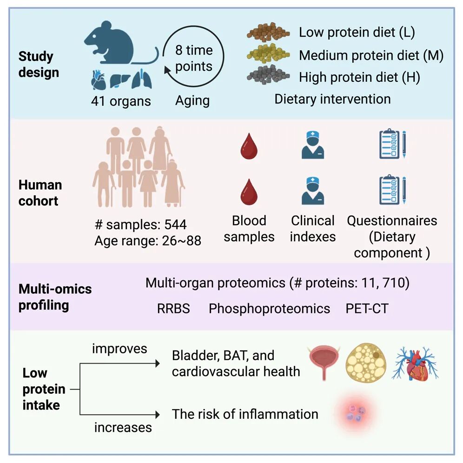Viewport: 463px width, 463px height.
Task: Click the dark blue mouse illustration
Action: click(112, 46)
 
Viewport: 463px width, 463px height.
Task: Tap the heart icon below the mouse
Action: click(99, 82)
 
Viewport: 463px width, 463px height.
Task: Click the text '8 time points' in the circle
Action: click(194, 58)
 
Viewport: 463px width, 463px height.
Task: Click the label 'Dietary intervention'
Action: click(332, 99)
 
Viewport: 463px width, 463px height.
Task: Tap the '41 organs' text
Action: click(121, 101)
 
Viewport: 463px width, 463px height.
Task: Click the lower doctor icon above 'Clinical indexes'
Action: click(312, 191)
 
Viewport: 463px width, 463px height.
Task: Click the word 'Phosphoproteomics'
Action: click(270, 309)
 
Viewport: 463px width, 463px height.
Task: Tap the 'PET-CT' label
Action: click(367, 309)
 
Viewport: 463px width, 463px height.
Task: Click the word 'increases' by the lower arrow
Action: click(123, 427)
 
